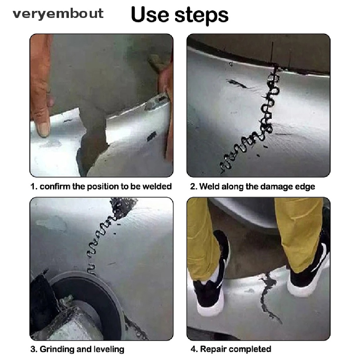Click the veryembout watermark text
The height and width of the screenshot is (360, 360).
point(58,13)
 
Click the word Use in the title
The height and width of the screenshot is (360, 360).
point(150,14)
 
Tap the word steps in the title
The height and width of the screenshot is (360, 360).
point(201,15)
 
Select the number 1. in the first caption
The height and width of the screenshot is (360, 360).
point(34,186)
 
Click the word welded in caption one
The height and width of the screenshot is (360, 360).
point(157,186)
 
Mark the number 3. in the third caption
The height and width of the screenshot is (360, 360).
point(34,349)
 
